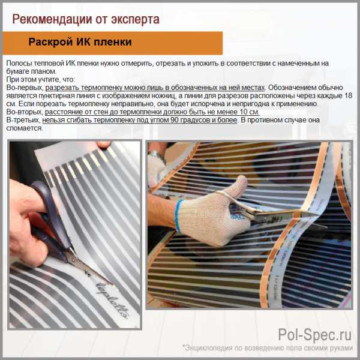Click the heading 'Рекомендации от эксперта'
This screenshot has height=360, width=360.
86,19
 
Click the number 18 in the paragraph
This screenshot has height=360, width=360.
348,95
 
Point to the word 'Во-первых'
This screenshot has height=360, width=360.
24,88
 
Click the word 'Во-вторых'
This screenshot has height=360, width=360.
24,112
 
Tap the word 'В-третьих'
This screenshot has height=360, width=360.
23,120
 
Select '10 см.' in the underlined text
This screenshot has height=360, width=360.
250,112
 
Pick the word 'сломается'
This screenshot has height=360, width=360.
25,128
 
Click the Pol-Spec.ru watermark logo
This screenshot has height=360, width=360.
315,335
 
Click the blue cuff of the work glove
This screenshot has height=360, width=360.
178,216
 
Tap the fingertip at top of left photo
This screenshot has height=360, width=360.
104,145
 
